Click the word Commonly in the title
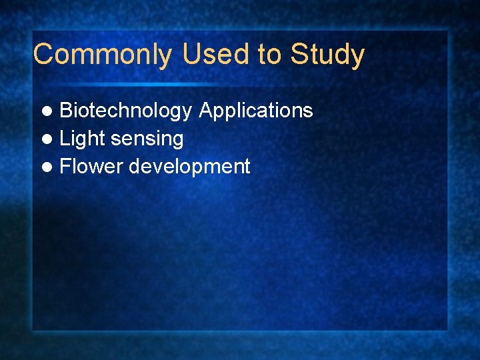click(x=102, y=55)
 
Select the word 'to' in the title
click(x=270, y=55)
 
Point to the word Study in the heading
click(x=327, y=55)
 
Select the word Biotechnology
click(x=126, y=111)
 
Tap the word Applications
click(x=256, y=111)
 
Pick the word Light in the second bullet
click(x=83, y=139)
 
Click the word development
click(x=189, y=167)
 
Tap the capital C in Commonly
click(x=43, y=55)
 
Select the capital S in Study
click(x=300, y=55)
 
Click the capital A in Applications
click(x=206, y=111)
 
